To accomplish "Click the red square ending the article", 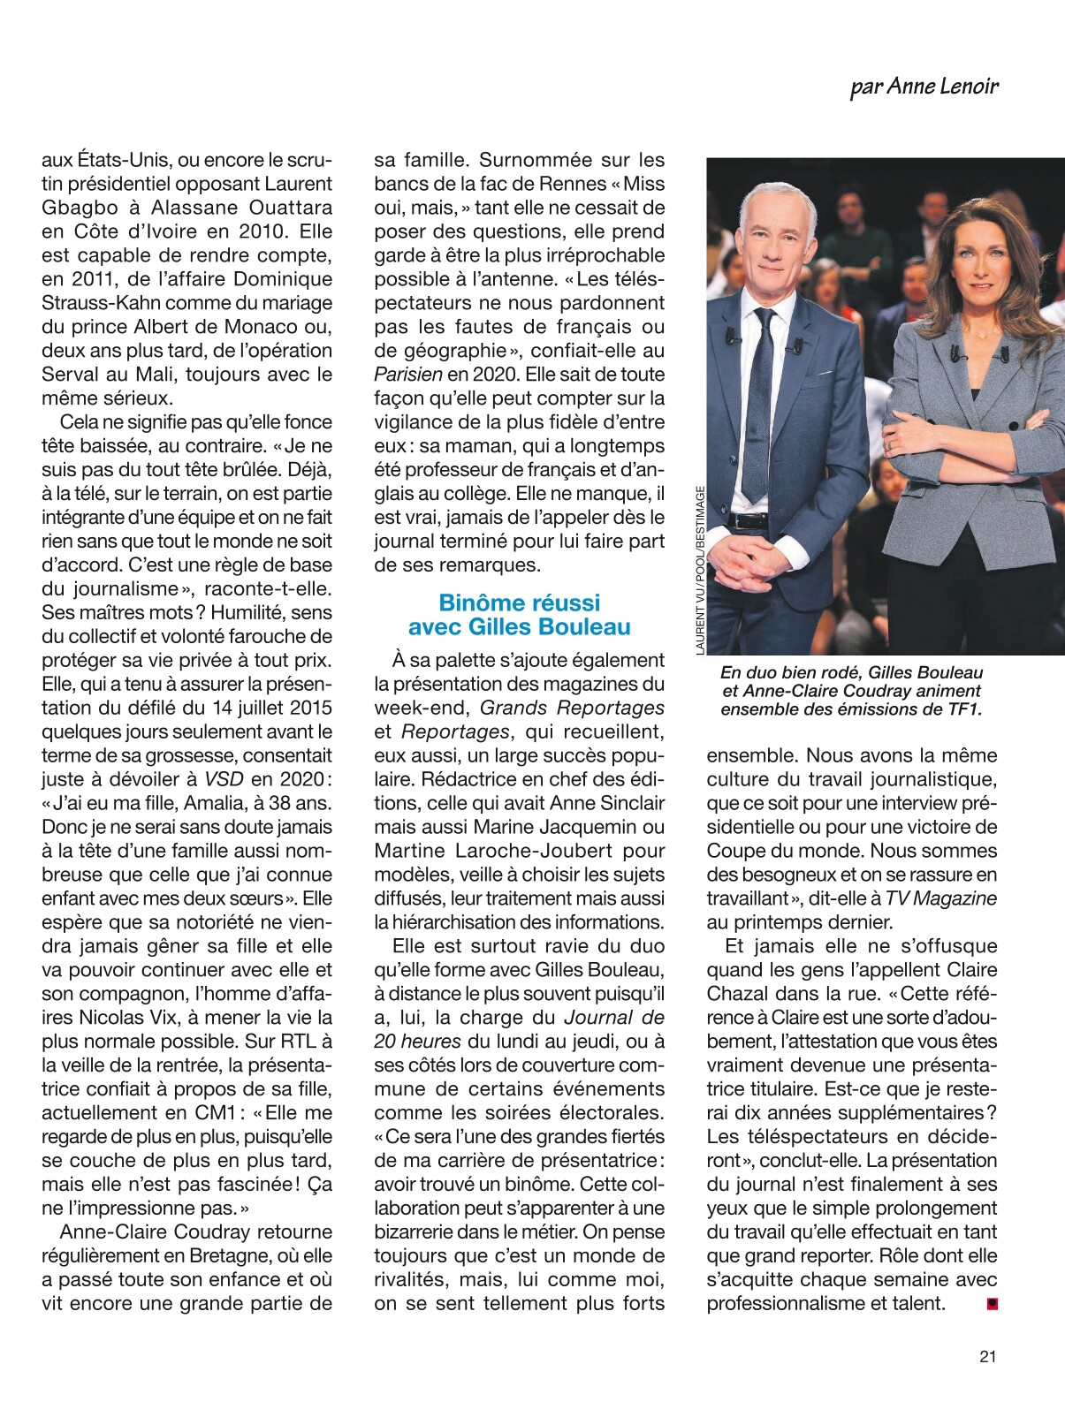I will tap(992, 1302).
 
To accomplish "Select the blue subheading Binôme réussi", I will tap(519, 602).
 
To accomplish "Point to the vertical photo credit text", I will tap(700, 571).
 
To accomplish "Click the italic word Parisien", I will tap(407, 375).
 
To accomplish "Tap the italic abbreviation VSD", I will tap(224, 779).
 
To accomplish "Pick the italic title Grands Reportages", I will tap(572, 708).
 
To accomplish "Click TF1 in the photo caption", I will tap(962, 709).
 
